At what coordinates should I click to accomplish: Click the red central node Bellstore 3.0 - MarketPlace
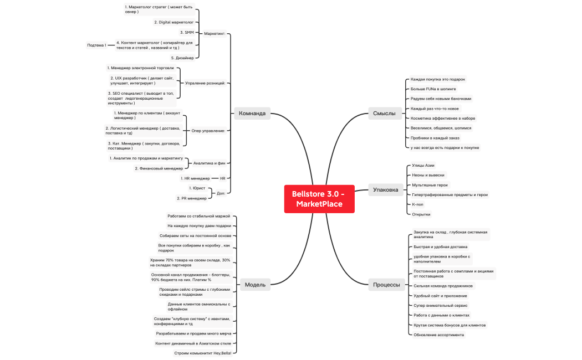(319, 199)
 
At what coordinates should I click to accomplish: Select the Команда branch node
(252, 114)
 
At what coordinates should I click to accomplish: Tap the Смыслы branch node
(384, 114)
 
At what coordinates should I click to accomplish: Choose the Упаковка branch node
(385, 190)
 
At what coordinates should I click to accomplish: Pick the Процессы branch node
(386, 285)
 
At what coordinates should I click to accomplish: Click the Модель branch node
(255, 285)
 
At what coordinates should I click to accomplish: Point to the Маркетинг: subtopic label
(215, 34)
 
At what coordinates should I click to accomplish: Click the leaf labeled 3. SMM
(187, 33)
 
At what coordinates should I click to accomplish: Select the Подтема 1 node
(96, 45)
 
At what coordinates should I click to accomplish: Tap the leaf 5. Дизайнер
(182, 58)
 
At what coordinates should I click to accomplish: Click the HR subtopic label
(223, 178)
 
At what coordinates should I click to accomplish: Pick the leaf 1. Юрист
(197, 188)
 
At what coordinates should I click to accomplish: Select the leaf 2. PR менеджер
(192, 198)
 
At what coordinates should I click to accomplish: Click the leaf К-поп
(417, 204)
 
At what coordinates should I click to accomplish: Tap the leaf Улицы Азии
(423, 166)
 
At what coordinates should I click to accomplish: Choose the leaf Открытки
(421, 214)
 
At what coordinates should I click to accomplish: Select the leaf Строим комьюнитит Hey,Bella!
(203, 353)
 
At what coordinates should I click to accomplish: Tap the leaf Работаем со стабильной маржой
(199, 216)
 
